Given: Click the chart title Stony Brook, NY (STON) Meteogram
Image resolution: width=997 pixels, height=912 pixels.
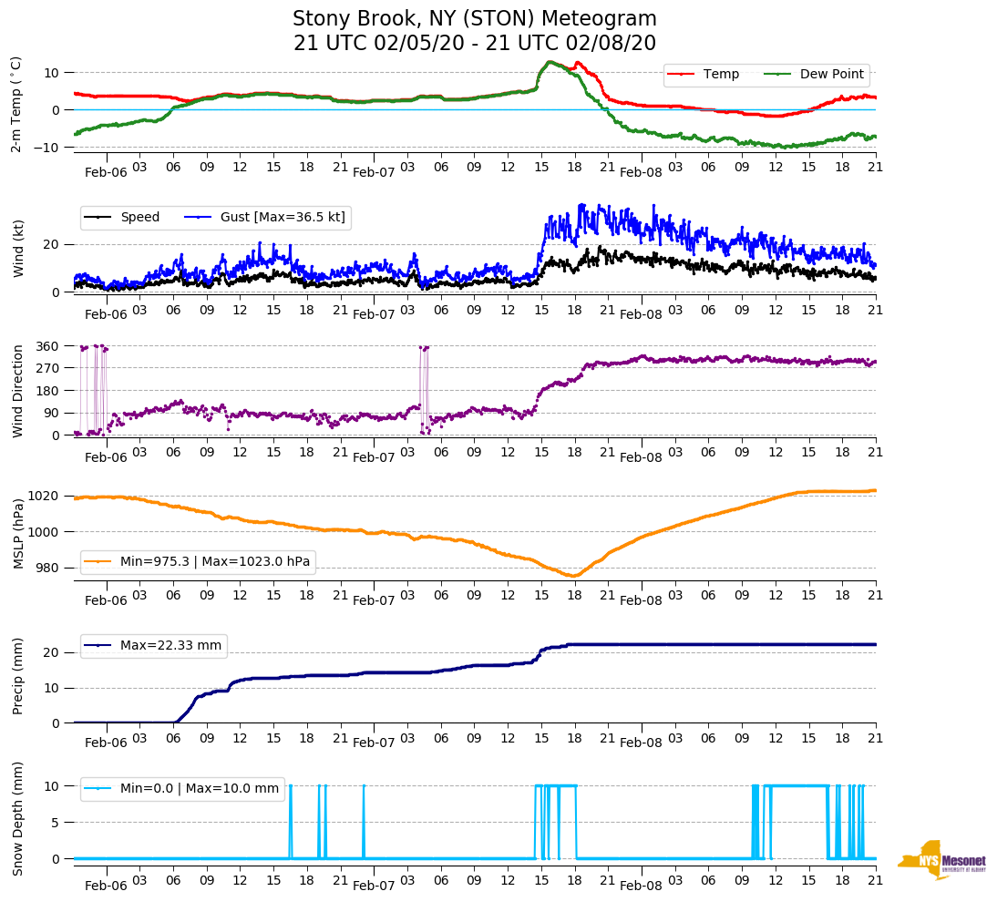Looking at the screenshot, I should click(474, 19).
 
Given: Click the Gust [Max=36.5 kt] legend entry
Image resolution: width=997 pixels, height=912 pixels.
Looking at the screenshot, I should click(283, 217).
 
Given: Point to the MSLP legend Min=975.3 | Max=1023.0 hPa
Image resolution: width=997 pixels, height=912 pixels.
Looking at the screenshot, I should click(215, 561).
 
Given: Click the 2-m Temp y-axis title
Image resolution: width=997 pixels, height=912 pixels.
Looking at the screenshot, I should click(15, 103).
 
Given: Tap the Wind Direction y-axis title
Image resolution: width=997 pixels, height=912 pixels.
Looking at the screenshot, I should click(18, 391).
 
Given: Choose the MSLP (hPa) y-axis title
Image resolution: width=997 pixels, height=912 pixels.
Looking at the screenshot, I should click(18, 533).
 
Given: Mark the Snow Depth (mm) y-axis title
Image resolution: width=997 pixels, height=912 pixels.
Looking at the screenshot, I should click(18, 818).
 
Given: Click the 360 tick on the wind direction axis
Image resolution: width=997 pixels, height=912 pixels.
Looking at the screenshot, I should click(48, 346).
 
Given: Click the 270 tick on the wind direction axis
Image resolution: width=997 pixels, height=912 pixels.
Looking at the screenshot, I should click(48, 368).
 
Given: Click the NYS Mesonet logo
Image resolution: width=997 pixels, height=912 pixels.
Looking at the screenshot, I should click(942, 860).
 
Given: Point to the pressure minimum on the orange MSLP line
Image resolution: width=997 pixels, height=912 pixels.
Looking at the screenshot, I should click(572, 576).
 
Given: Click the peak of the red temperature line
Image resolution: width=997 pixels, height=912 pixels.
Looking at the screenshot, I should click(549, 62).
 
